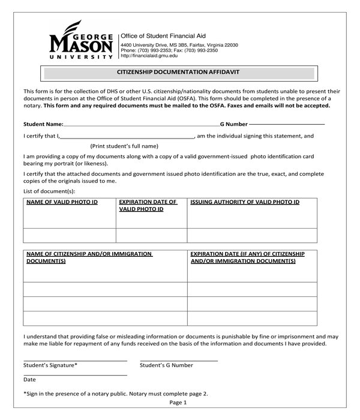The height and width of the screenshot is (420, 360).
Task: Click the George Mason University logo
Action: [81, 40]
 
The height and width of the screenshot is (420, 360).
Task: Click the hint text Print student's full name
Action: [124, 146]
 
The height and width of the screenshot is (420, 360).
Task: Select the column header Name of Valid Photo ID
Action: [62, 202]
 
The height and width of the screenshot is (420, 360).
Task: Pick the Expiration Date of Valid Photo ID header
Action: [148, 206]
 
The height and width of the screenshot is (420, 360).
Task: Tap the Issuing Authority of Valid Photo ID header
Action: [245, 202]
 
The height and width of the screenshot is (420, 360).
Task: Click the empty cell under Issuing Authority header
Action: [252, 235]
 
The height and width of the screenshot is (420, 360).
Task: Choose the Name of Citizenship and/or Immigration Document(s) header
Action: [89, 258]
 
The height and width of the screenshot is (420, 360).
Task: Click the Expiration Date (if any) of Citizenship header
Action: [248, 258]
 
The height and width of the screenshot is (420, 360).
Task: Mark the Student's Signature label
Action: [50, 365]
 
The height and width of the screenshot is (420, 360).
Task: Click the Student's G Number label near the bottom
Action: [167, 365]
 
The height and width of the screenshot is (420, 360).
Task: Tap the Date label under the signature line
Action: [29, 380]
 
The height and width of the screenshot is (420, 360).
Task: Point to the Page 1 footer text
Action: [178, 403]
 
